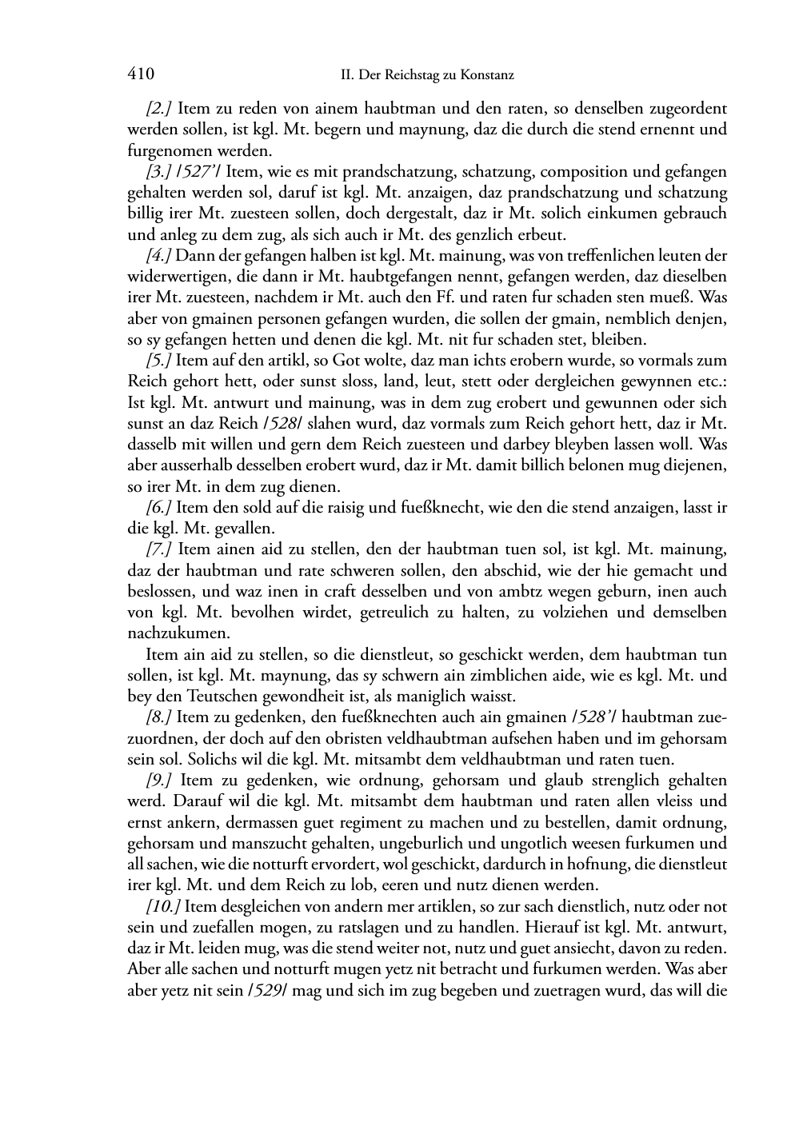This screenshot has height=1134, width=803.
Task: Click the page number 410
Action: (x=141, y=74)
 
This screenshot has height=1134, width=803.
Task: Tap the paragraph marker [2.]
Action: (x=160, y=108)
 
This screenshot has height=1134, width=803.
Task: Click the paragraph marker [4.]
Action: (x=159, y=256)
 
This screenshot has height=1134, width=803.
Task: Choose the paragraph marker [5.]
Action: (x=159, y=361)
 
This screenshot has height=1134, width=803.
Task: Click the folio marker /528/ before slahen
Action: (x=283, y=424)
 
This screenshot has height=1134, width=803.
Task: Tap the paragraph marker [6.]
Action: (x=159, y=508)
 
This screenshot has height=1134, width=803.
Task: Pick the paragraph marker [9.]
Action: (x=160, y=781)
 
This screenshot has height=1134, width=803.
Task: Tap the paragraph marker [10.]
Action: (x=163, y=907)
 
